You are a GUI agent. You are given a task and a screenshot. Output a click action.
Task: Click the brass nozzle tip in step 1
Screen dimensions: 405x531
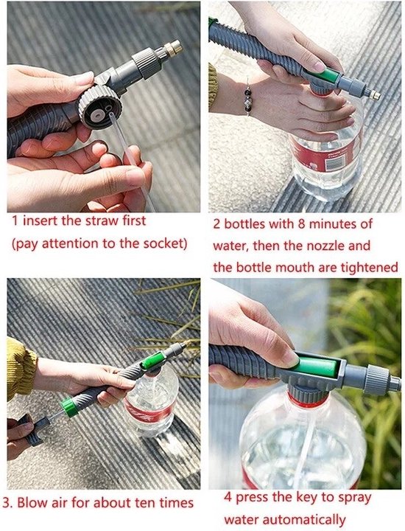pyautogui.click(x=175, y=49)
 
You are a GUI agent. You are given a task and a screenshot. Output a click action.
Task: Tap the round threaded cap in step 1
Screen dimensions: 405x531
pyautogui.click(x=99, y=107)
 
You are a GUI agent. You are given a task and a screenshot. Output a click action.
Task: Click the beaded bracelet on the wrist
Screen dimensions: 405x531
pyautogui.click(x=248, y=97)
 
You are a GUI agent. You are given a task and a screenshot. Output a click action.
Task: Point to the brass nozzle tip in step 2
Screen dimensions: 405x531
pyautogui.click(x=375, y=95)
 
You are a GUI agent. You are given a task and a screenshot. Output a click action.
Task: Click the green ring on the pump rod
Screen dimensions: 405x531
pyautogui.click(x=69, y=406)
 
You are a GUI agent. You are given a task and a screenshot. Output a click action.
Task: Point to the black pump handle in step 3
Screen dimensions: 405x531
pyautogui.click(x=33, y=429)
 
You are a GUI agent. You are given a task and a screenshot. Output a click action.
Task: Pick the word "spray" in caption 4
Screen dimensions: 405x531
pyautogui.click(x=354, y=499)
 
